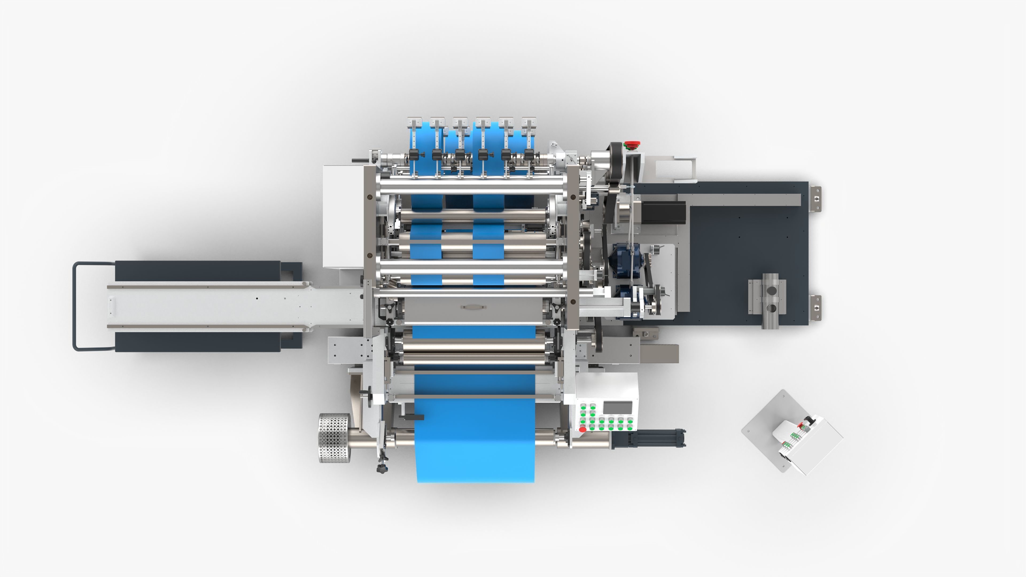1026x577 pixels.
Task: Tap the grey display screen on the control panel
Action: pyautogui.click(x=618, y=408)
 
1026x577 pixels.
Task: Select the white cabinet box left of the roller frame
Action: pyautogui.click(x=343, y=216)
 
